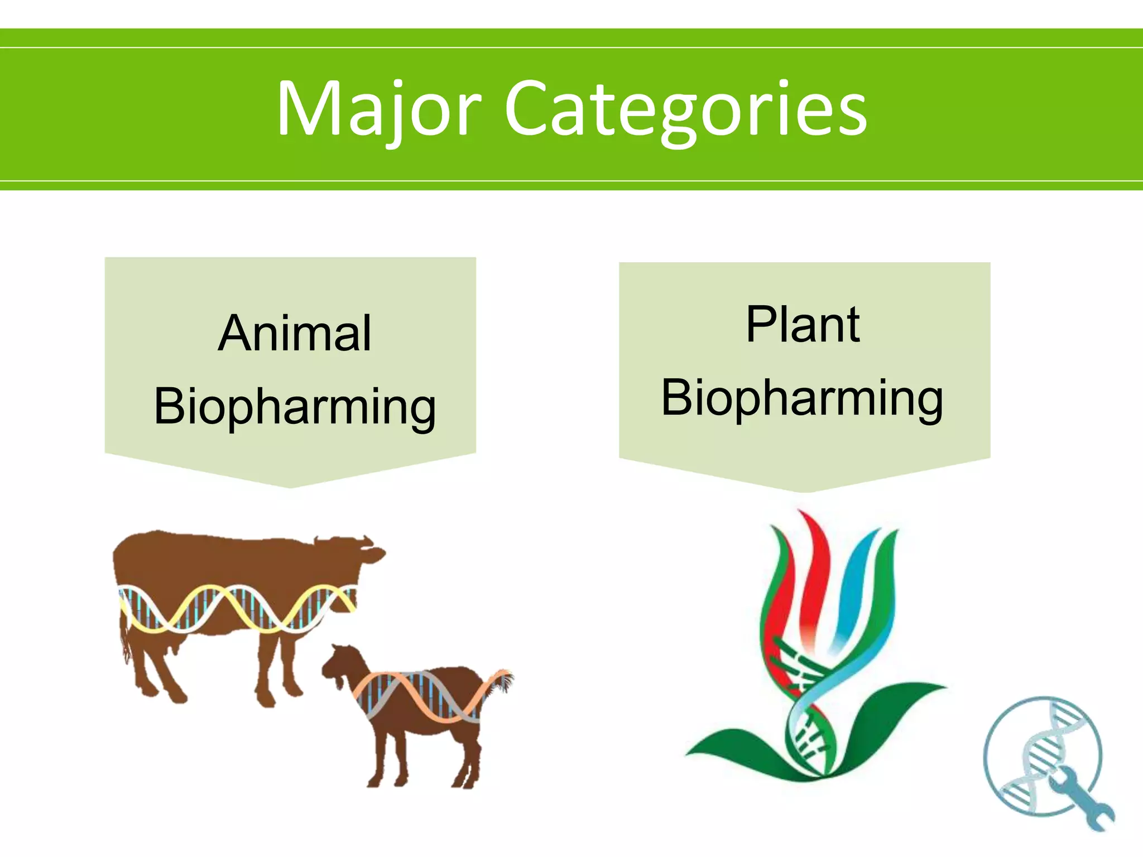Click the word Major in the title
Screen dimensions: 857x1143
(380, 109)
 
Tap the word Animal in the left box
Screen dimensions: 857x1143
(295, 334)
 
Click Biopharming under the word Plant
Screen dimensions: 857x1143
(803, 398)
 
